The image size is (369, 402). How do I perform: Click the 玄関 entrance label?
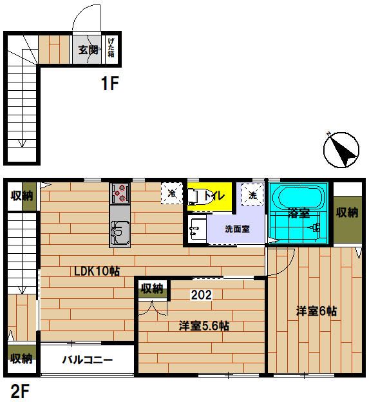coord(88,50)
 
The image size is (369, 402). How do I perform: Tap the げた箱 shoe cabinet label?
coord(111,47)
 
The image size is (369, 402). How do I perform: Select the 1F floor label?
coord(110,83)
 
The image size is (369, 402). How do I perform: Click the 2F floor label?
coord(20,391)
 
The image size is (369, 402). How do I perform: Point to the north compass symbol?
coord(341,150)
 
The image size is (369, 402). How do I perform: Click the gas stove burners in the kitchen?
coord(120,193)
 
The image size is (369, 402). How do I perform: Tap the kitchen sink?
coord(120,233)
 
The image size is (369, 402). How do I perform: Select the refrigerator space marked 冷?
coord(172,193)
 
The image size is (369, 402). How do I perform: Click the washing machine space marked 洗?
coord(252,195)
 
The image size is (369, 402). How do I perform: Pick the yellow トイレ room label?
coord(214,196)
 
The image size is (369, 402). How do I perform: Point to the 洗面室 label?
coord(237,229)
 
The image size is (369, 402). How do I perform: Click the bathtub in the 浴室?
coord(298,198)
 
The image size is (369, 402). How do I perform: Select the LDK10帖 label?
coord(97,271)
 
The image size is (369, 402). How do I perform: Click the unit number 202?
coord(202,295)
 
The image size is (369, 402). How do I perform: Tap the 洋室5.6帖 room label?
coord(204,326)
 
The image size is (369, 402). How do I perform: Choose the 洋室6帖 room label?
coord(316,311)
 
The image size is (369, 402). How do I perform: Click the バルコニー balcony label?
coord(88,360)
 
